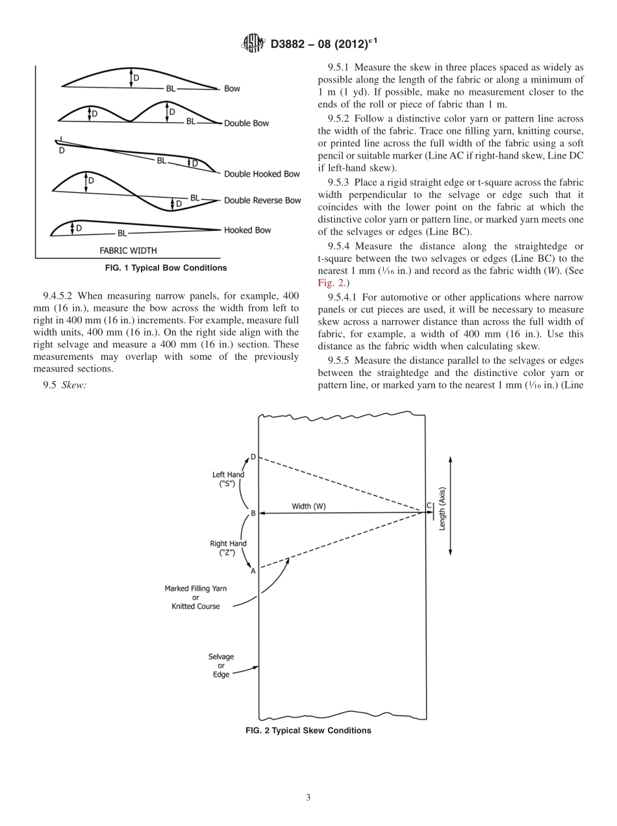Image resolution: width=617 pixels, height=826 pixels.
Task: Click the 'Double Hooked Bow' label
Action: click(262, 174)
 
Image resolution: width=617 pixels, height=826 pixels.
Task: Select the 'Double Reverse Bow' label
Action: click(262, 201)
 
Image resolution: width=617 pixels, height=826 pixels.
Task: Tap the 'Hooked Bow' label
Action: click(247, 230)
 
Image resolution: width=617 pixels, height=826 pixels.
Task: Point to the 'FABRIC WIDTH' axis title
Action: click(128, 250)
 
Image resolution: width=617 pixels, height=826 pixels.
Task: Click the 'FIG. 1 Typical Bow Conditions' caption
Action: click(166, 268)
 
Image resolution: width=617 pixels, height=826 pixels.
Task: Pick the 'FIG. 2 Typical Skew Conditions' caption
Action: click(308, 731)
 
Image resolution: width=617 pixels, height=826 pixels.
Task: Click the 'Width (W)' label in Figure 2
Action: click(308, 507)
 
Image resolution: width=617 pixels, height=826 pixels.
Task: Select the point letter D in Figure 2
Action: click(253, 457)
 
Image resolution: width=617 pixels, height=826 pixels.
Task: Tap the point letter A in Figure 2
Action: click(253, 571)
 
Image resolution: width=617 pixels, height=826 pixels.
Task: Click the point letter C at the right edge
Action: click(429, 506)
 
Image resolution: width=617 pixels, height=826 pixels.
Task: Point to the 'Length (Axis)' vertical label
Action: click(442, 508)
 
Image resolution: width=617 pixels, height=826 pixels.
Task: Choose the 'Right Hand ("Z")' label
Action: click(228, 549)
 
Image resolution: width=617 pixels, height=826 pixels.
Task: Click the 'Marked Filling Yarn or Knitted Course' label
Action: click(195, 597)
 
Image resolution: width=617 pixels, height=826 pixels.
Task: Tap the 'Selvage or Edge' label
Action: click(221, 666)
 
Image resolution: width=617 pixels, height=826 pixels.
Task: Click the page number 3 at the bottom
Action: click(308, 797)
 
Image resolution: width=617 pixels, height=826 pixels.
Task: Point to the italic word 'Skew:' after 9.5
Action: click(74, 386)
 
